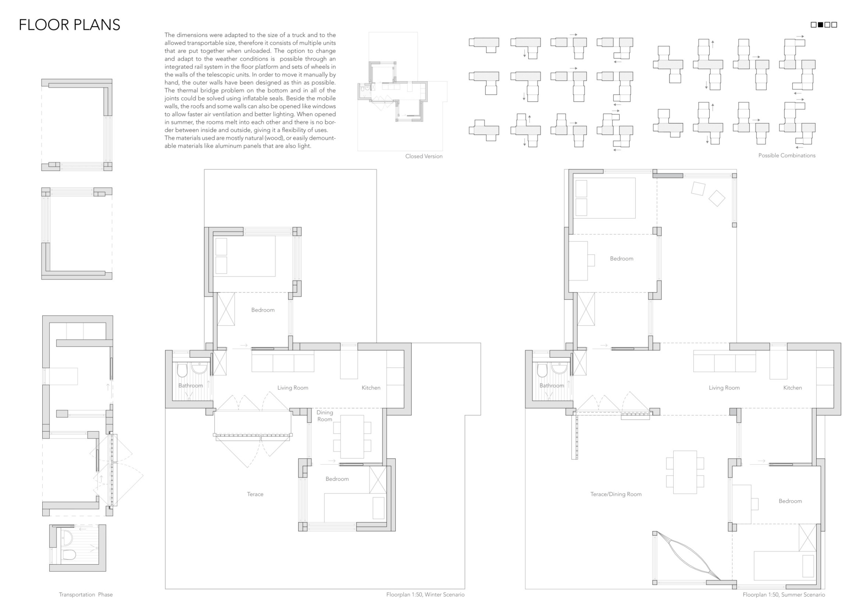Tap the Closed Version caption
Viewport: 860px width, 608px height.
pos(423,156)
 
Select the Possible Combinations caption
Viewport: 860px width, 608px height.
pos(787,155)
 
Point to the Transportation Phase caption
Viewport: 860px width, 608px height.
pos(86,595)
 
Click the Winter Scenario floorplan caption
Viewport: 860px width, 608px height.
pos(425,595)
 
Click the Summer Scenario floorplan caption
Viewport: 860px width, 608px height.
pos(784,595)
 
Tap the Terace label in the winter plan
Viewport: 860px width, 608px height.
pos(255,494)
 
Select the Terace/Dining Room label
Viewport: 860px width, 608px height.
pos(616,494)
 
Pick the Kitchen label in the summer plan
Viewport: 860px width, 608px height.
pos(793,388)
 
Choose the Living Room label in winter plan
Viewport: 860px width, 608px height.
pos(293,388)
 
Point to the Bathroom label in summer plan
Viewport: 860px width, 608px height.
pos(552,386)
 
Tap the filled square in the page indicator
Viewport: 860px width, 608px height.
pos(820,25)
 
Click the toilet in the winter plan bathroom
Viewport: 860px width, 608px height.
pos(182,370)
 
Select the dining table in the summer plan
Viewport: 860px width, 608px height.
pos(685,472)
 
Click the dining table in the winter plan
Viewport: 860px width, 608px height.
pos(352,436)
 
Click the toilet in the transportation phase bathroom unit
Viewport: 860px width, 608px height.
pos(69,554)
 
